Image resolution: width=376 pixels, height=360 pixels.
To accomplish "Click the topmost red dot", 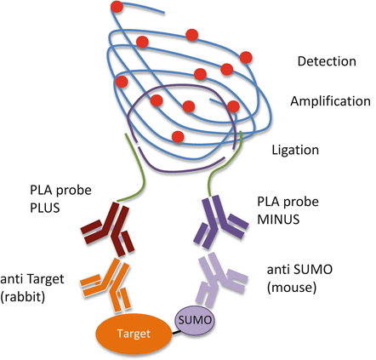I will click(116, 9).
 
